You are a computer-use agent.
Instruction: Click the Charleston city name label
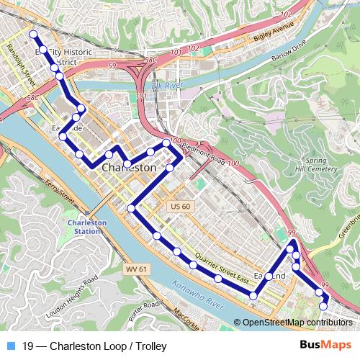tap(130, 167)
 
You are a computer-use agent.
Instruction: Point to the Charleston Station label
tap(87, 227)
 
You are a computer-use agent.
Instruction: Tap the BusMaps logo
tap(325, 345)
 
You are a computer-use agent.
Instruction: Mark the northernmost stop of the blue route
tap(32, 34)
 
